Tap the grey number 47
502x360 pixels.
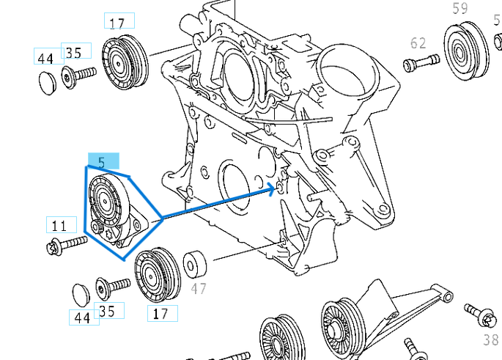point(199,288)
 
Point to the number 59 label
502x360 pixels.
point(459,9)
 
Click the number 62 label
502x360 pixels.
point(418,43)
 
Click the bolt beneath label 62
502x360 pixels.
point(421,65)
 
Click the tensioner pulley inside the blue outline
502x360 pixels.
point(107,200)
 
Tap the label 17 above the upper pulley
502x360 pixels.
point(117,23)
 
